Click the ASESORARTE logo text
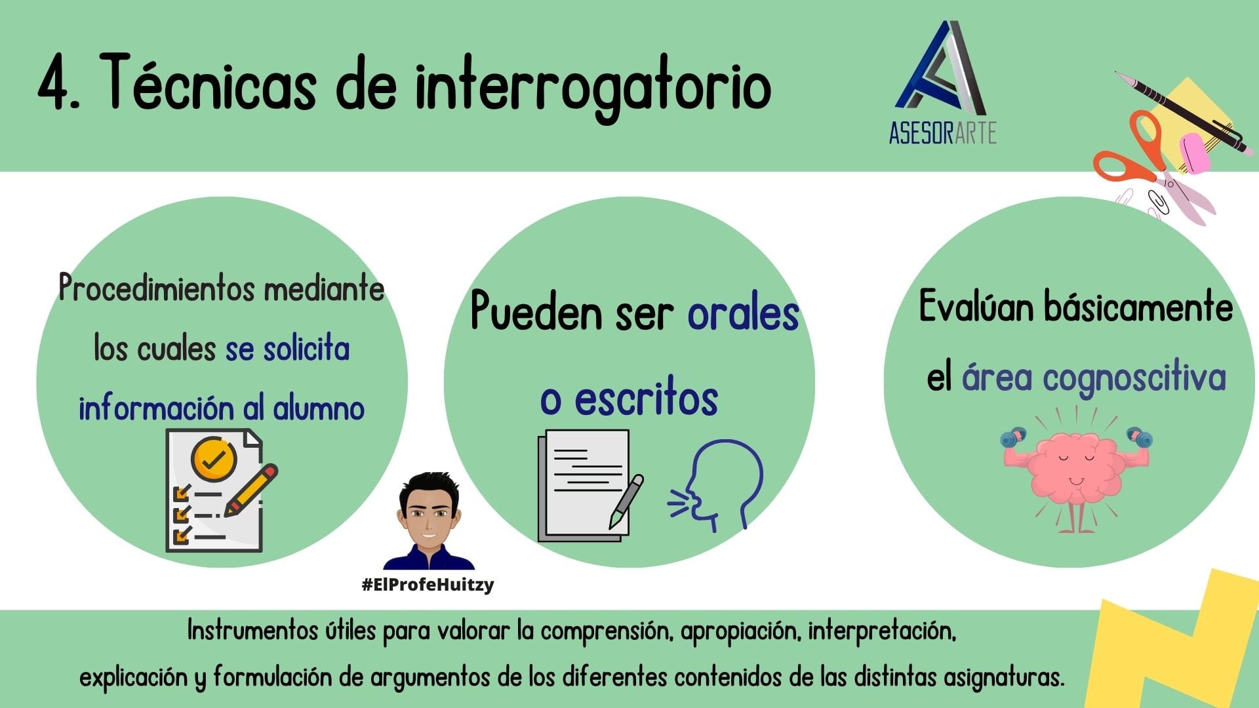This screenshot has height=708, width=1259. click(x=942, y=133)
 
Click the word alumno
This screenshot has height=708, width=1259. click(x=319, y=408)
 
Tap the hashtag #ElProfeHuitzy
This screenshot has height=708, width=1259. click(x=428, y=584)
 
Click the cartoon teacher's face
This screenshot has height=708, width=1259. click(x=428, y=518)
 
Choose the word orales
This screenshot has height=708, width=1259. click(x=743, y=313)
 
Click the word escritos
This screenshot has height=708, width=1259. click(x=646, y=399)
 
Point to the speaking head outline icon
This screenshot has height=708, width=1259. click(x=716, y=485)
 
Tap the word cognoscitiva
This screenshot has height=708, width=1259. click(x=1134, y=379)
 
